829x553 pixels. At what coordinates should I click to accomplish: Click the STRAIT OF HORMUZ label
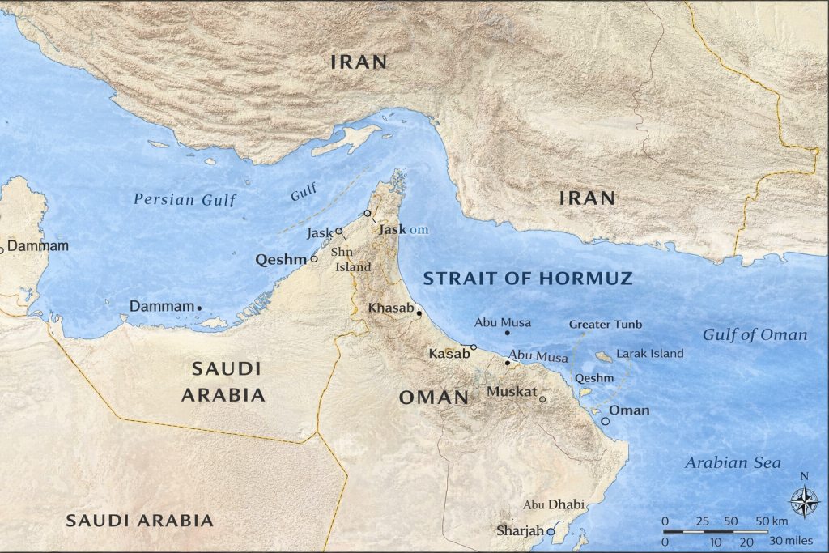pos(528,279)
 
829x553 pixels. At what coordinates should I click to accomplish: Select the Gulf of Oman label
pos(755,335)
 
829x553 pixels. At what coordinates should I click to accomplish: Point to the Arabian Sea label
pos(733,463)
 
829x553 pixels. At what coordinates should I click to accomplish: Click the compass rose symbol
pos(804,502)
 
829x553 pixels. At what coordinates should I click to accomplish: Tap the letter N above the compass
pos(804,477)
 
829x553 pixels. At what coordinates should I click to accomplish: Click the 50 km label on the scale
pos(772,520)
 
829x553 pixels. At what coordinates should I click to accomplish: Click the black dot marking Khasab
pos(419,313)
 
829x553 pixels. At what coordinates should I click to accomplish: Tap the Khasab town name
pos(390,308)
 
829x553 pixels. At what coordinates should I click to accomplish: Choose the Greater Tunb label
pos(606,325)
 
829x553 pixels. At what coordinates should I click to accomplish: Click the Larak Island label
pos(649,354)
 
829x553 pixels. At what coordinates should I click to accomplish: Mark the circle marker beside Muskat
pos(542,398)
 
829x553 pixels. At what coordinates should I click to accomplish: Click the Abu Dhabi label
pos(554,504)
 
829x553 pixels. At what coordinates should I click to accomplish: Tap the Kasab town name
pos(449,354)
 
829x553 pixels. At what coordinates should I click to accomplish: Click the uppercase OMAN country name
pos(433,398)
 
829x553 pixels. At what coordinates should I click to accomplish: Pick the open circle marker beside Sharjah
pos(551,532)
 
